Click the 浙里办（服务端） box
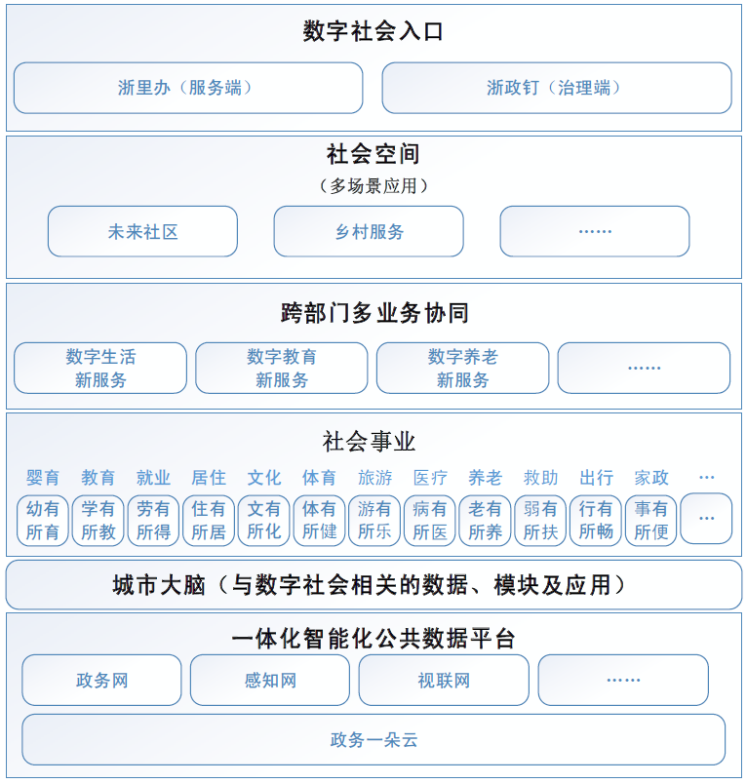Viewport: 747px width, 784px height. [x=188, y=88]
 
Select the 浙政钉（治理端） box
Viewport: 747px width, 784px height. [x=557, y=88]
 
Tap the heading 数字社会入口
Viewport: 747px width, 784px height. [x=373, y=31]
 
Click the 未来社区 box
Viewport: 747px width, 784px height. [x=142, y=231]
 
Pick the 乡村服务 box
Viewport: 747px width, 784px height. [x=369, y=231]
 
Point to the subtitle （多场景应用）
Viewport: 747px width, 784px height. [x=373, y=186]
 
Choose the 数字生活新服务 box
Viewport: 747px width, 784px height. [x=100, y=368]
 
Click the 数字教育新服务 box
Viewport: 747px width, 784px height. [x=282, y=368]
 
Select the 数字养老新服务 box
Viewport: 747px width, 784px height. [x=462, y=368]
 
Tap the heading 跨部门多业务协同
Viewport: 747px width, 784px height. [x=374, y=313]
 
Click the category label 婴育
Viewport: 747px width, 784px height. [x=43, y=478]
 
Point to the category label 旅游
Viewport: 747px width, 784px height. [x=375, y=478]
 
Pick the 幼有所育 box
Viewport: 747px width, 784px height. [x=43, y=520]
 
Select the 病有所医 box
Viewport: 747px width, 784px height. [x=429, y=520]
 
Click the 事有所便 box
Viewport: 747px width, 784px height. [x=651, y=520]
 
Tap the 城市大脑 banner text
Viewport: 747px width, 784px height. [x=369, y=585]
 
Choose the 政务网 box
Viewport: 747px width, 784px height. [x=101, y=680]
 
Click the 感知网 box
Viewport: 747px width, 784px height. [x=270, y=680]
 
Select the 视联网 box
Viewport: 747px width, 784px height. [x=444, y=680]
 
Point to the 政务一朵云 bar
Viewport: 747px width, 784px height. [x=373, y=739]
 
